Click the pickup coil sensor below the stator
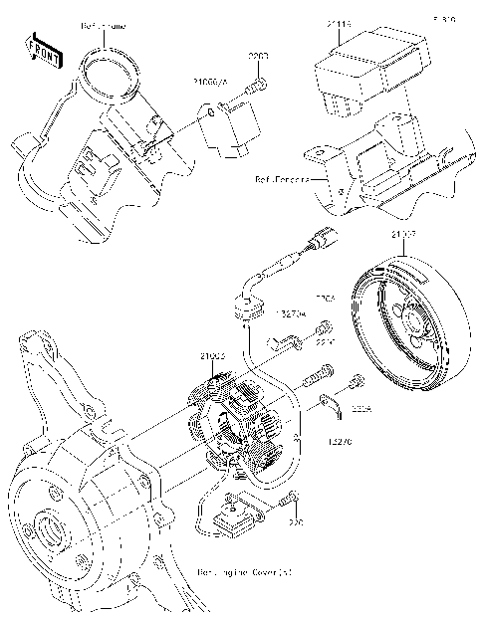click(239, 512)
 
